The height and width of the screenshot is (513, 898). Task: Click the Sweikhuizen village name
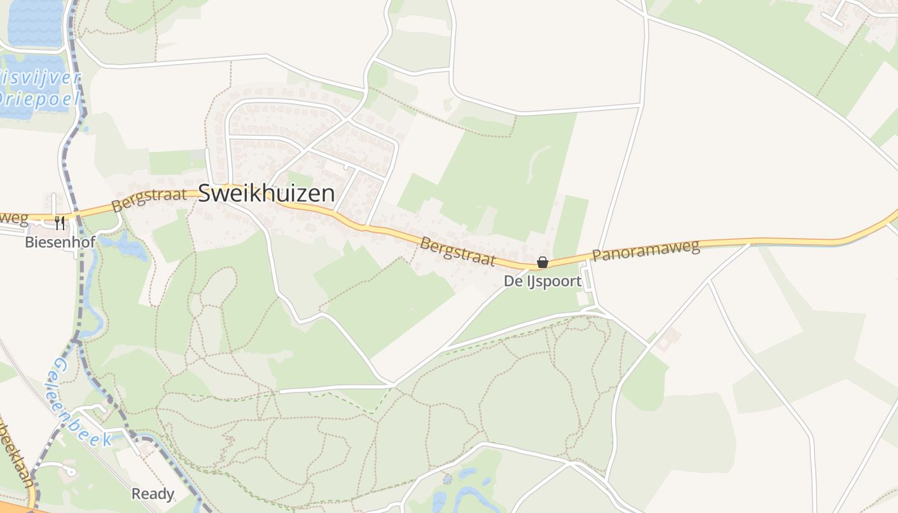click(266, 194)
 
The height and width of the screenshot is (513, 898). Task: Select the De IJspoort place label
click(543, 281)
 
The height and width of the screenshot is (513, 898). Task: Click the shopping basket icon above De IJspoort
click(543, 262)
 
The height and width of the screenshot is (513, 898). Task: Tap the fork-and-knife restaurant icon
click(59, 223)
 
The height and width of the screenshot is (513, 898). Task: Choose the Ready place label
click(153, 494)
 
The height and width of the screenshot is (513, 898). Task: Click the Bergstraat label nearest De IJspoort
click(458, 251)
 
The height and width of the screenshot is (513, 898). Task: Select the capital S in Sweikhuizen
click(206, 194)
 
